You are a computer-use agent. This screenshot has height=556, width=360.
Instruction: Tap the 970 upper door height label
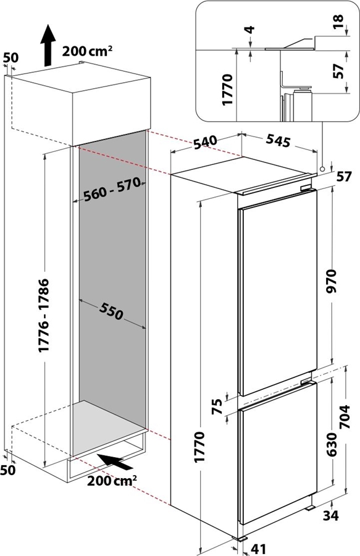click(x=332, y=281)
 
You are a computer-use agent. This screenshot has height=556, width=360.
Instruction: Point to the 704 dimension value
click(x=344, y=416)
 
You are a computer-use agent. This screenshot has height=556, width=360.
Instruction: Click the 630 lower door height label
click(x=332, y=444)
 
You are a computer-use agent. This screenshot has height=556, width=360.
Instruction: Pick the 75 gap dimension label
click(x=219, y=406)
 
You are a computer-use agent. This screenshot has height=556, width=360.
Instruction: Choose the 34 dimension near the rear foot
click(x=330, y=516)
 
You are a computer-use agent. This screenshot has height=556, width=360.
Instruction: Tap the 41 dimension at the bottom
click(x=258, y=549)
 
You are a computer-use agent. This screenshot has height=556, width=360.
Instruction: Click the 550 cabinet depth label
click(x=111, y=312)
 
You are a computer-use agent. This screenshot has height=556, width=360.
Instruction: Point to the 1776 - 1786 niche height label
click(x=44, y=316)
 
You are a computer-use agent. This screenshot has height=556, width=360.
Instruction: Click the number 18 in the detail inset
click(x=339, y=22)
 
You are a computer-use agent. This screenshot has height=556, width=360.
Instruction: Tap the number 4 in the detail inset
click(x=251, y=29)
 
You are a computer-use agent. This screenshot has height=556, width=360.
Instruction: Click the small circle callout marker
click(x=322, y=169)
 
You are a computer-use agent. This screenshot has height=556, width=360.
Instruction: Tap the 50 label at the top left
click(x=10, y=59)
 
